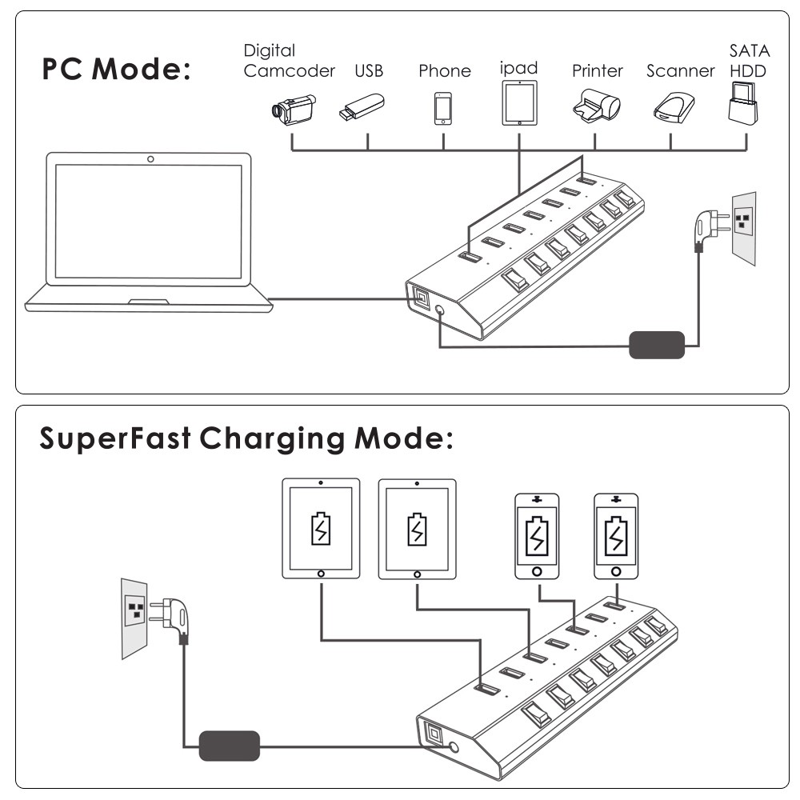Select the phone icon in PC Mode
click(x=443, y=109)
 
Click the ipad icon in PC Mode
click(x=519, y=102)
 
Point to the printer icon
click(x=596, y=106)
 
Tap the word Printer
click(x=597, y=71)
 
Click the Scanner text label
click(x=680, y=71)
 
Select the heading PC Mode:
click(x=117, y=70)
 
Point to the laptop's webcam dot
click(x=151, y=160)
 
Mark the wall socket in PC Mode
click(x=745, y=227)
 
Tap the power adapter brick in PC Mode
click(x=657, y=345)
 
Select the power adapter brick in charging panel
click(x=230, y=746)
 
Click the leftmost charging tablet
click(x=321, y=528)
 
